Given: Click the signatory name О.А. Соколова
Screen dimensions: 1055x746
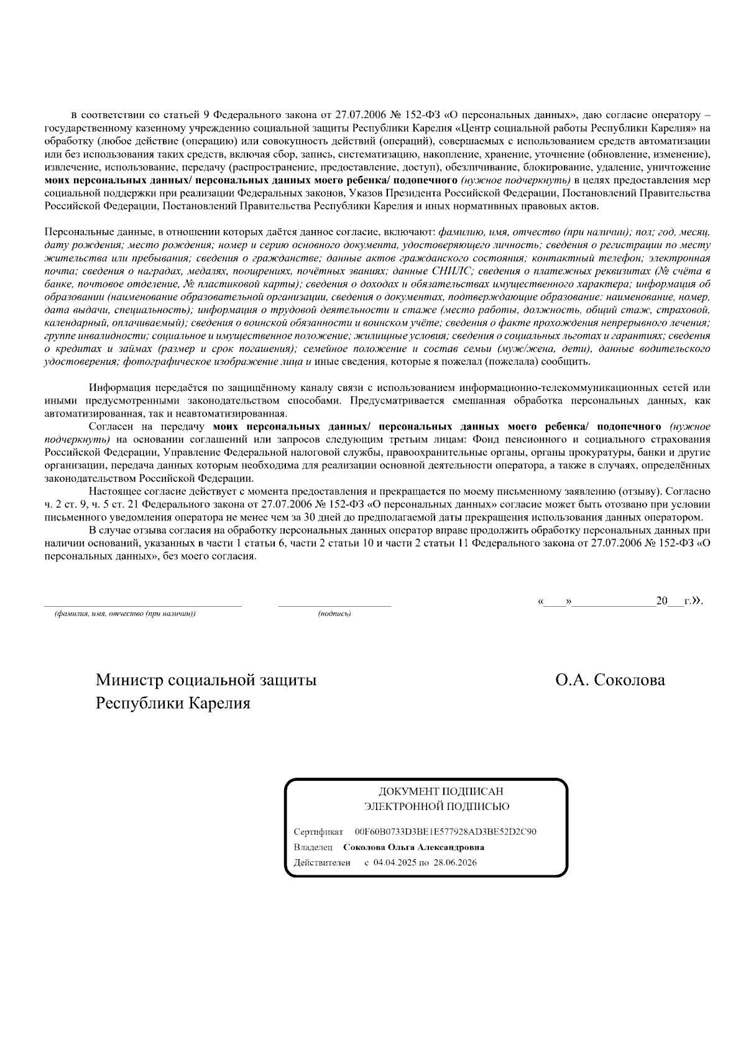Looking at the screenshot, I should (x=610, y=680).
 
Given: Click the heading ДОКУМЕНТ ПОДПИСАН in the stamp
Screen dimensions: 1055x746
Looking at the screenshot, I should (x=441, y=791).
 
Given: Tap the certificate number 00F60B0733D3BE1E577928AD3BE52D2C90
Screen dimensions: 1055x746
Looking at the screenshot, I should (x=445, y=832).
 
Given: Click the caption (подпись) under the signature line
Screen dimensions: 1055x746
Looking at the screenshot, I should (x=334, y=614).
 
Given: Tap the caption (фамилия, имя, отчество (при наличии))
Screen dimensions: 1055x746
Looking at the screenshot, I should (x=125, y=614).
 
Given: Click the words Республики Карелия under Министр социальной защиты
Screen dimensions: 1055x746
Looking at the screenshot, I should (x=173, y=704).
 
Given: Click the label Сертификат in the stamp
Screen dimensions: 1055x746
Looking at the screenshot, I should (x=318, y=832).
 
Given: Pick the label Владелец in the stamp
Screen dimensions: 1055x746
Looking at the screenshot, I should (x=313, y=847).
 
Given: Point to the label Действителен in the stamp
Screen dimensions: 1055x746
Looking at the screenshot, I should (x=321, y=863).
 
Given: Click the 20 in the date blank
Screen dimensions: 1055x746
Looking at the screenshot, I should (x=661, y=601).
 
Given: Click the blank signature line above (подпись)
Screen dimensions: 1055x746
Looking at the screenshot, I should (x=334, y=605).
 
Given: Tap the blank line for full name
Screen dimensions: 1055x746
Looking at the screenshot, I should (x=142, y=605).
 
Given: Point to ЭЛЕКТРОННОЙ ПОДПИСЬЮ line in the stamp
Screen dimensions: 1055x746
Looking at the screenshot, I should (x=436, y=807).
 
